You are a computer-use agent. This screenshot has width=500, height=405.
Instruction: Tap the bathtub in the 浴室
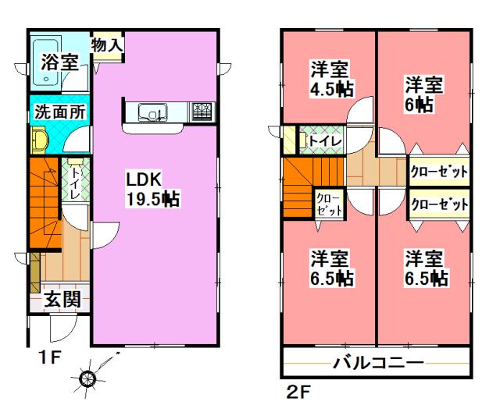52,45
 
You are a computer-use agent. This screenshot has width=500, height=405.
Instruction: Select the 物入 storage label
106,45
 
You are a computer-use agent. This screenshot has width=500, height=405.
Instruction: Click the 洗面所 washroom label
59,112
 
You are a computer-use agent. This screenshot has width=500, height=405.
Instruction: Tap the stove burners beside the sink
202,112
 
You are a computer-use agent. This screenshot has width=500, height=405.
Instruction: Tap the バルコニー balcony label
378,362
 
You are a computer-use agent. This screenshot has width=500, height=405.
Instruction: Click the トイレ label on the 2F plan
322,140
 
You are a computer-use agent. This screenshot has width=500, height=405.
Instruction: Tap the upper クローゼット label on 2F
439,171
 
